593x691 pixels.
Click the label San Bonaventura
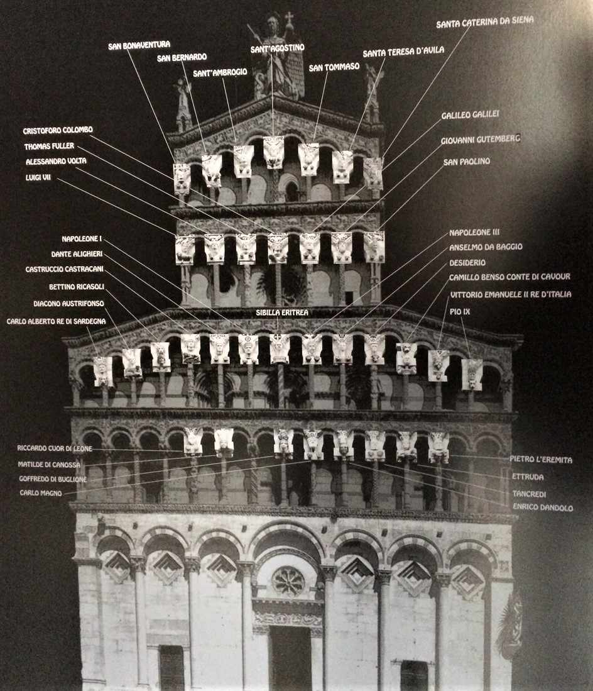coord(139,45)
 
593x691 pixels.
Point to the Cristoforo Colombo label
coord(58,131)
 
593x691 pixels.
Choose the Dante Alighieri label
coord(77,254)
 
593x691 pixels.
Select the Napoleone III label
coord(474,233)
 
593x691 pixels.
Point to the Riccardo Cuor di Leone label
coord(55,449)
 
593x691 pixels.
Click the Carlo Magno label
coord(41,494)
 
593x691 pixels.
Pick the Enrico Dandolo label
coord(543,507)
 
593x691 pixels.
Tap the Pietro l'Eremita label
coord(541,460)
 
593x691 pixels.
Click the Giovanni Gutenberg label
coord(481,139)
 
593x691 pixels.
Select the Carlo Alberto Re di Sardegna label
coord(57,321)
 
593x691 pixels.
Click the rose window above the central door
coord(288,582)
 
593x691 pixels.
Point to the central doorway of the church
coord(290,657)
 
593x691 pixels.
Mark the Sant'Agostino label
coord(277,48)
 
